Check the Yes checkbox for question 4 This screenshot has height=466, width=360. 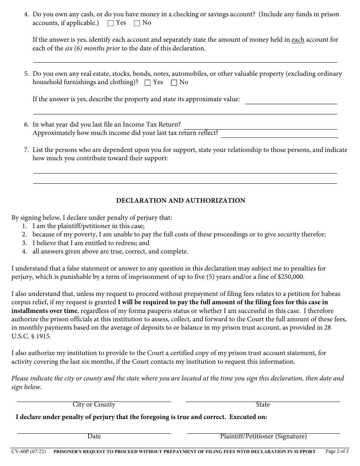[111, 23]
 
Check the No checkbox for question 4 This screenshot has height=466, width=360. [137, 23]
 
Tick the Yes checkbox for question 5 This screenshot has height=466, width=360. [148, 83]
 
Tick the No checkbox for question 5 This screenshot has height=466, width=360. [174, 83]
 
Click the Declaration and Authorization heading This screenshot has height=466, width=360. [180, 201]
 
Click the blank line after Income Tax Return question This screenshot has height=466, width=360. [260, 127]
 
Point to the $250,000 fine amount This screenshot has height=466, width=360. [291, 277]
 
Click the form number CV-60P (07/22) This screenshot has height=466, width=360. [29, 452]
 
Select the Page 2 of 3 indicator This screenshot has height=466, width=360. [337, 451]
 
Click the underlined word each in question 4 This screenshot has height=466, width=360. [298, 40]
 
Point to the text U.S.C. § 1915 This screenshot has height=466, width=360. [31, 336]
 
